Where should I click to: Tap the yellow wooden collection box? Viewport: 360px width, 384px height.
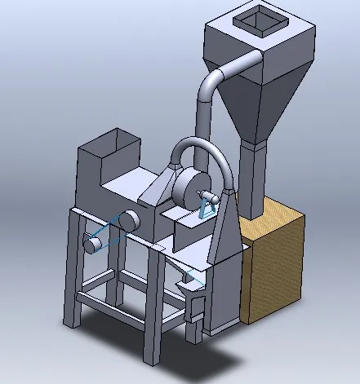278,269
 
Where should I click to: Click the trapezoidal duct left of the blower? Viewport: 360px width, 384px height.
159,188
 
